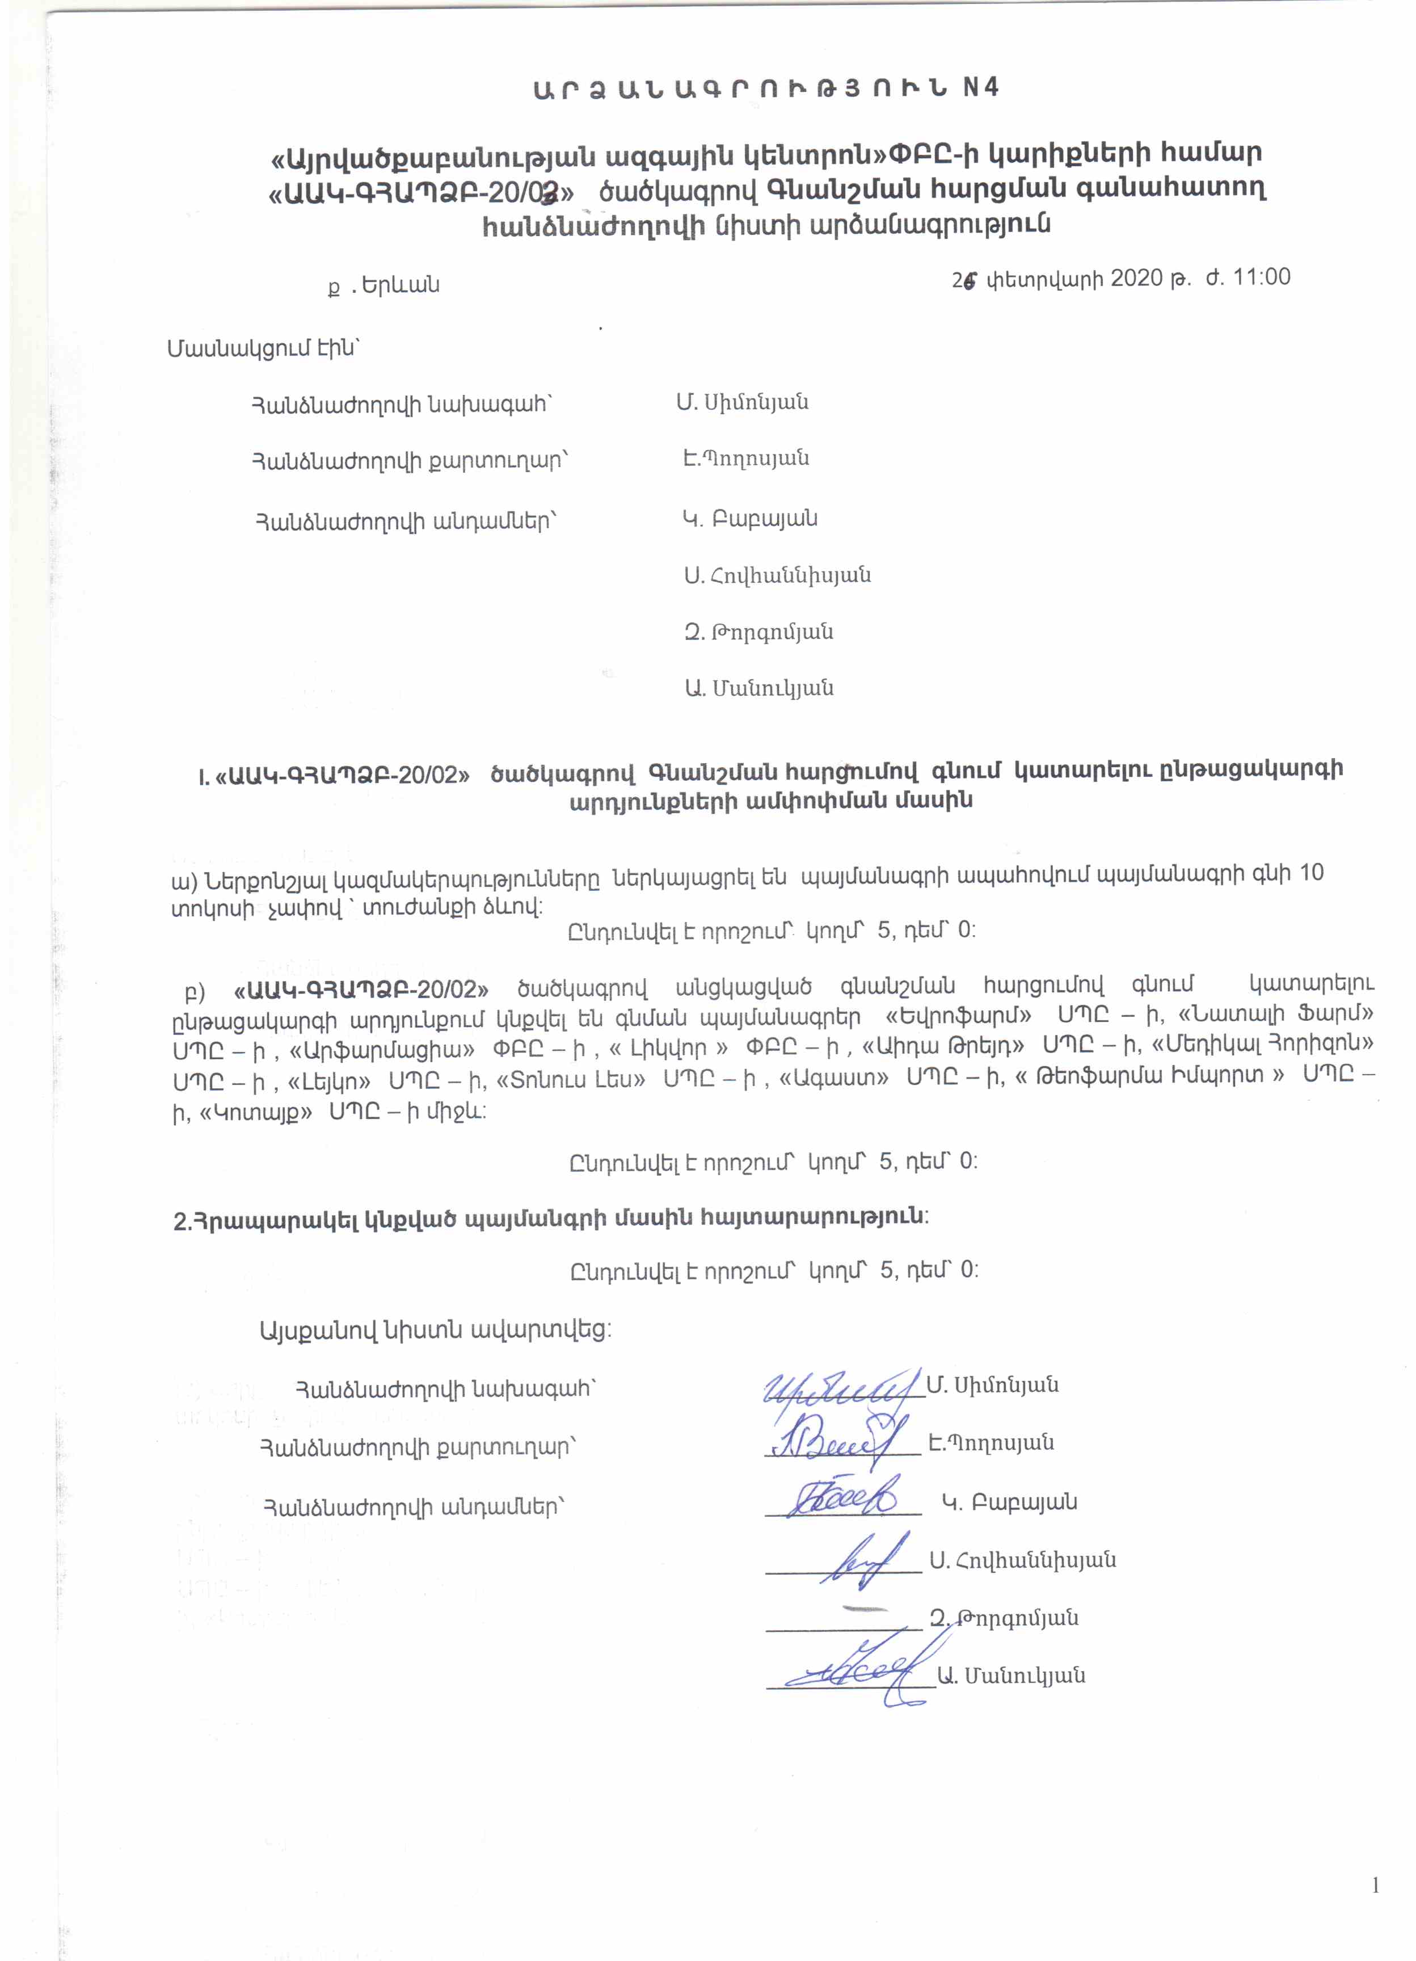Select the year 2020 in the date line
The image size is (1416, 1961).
pos(1136,279)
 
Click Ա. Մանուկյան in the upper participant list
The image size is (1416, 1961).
pos(759,689)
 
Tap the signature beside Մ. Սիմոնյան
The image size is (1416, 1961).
pos(838,1390)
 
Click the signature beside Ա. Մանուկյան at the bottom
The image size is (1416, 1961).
pos(856,1675)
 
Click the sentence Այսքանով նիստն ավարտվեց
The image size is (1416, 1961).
pos(435,1329)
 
